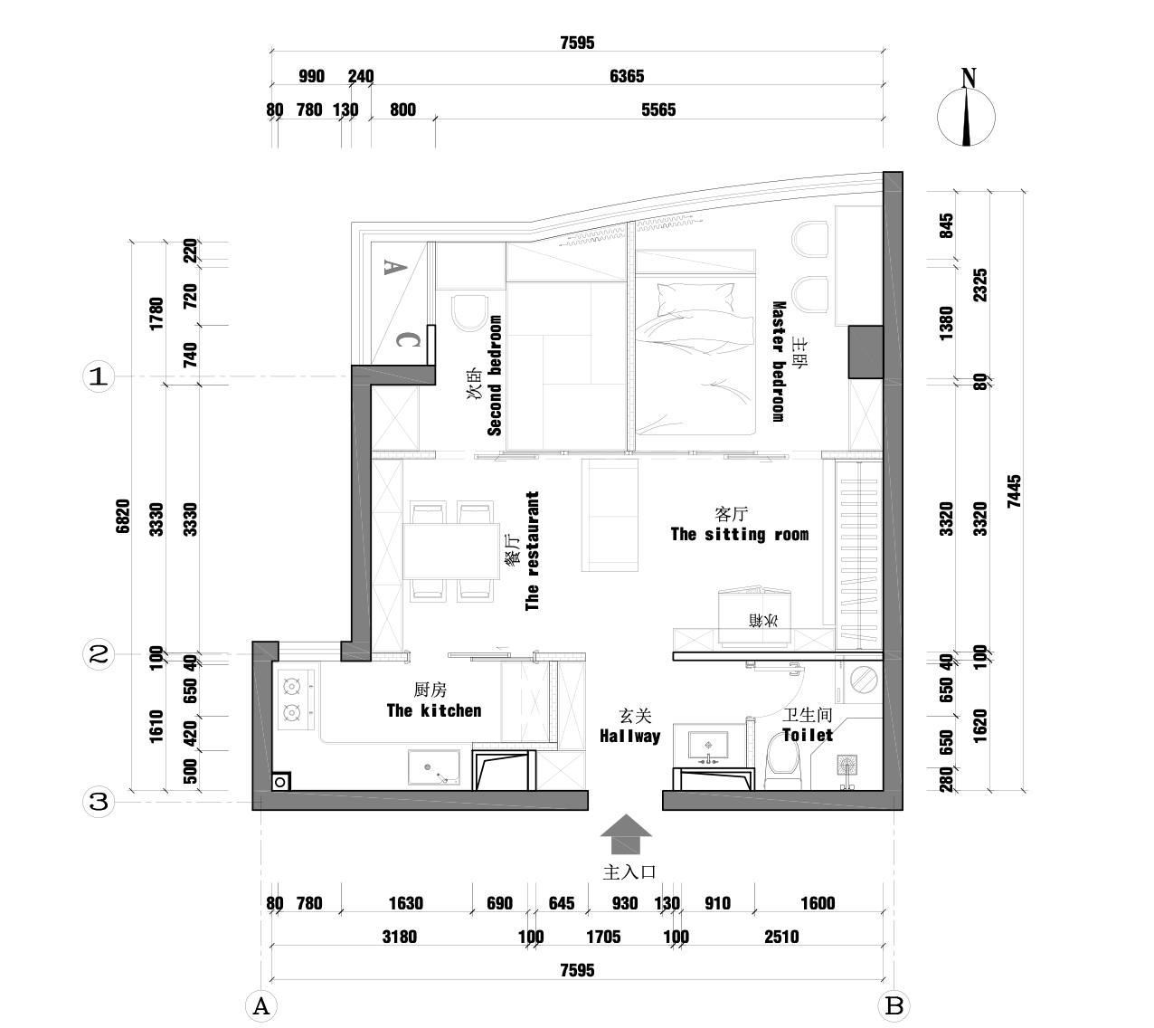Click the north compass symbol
point(967,117)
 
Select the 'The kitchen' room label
point(434,710)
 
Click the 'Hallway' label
point(630,736)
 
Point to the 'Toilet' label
point(808,735)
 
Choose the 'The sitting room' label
point(739,534)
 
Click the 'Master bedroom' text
point(777,361)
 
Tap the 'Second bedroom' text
point(495,376)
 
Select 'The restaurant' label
point(533,551)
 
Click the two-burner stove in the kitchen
point(293,700)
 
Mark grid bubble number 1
point(99,376)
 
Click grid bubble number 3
point(99,802)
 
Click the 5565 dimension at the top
point(658,110)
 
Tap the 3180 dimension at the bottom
point(399,937)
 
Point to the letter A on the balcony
point(392,266)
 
